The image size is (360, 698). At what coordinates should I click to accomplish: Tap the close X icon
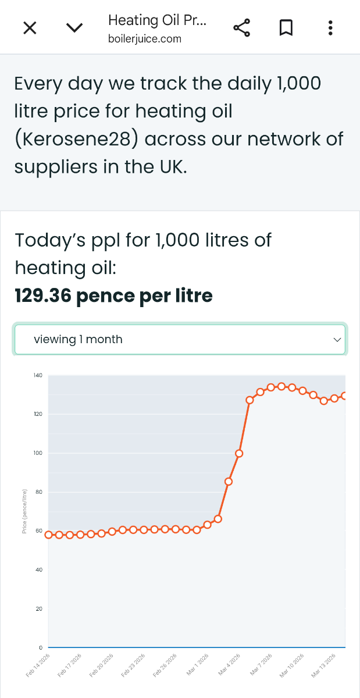point(30,28)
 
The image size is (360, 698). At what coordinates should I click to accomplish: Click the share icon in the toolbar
point(241,28)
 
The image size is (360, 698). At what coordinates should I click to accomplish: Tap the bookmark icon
point(286,28)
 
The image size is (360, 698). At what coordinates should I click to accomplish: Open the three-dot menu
point(330,28)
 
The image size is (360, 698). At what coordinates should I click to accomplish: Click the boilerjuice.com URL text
point(145,39)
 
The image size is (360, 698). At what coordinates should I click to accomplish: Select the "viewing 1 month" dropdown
point(180,339)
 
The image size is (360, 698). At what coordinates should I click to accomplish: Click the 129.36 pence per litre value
point(114,296)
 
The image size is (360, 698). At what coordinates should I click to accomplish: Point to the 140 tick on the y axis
point(38,375)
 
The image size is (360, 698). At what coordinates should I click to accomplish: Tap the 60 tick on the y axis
point(39,531)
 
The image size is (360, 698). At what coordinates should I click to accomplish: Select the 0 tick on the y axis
point(41,648)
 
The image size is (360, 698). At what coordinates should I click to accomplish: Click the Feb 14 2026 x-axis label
point(38,665)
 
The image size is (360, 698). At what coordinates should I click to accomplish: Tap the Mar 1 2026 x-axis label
point(197,665)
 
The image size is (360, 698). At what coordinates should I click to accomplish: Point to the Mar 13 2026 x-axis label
point(324,665)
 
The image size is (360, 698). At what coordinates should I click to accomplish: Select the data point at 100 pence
point(239,453)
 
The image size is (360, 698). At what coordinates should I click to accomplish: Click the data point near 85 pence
point(229,482)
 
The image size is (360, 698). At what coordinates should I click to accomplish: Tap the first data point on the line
point(49,535)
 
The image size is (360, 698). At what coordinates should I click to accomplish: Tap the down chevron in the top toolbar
point(74,28)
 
